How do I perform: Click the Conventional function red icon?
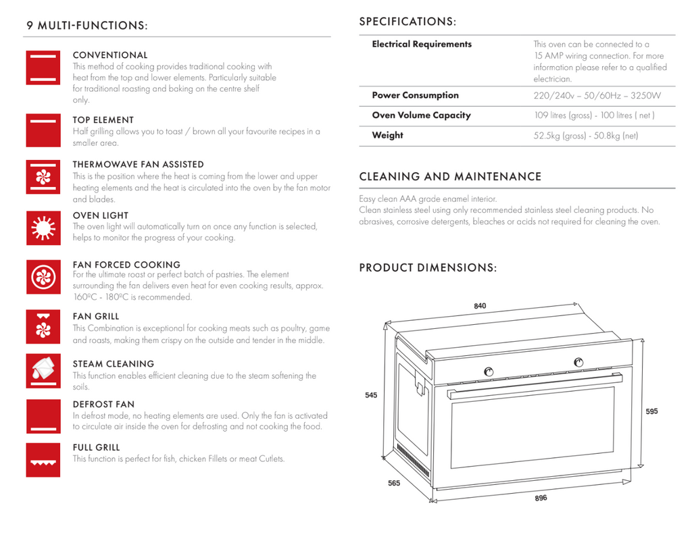[43, 68]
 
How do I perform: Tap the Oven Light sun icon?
[43, 228]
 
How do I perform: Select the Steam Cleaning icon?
[43, 371]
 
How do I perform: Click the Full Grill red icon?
[43, 460]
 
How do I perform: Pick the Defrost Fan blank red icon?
[43, 416]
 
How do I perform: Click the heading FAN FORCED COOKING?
[126, 265]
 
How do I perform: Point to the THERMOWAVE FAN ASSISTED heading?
[138, 164]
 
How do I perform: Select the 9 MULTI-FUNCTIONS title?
[86, 26]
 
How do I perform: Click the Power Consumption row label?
[415, 95]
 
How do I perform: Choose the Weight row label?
[387, 135]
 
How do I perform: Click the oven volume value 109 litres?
[594, 115]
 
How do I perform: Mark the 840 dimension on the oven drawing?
[480, 306]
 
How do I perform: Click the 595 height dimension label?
[651, 411]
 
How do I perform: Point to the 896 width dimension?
[541, 498]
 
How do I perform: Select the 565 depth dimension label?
[394, 483]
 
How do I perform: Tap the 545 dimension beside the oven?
[371, 395]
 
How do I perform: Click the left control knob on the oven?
[489, 371]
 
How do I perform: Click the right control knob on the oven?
[578, 362]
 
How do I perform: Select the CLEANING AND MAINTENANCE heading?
[450, 177]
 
